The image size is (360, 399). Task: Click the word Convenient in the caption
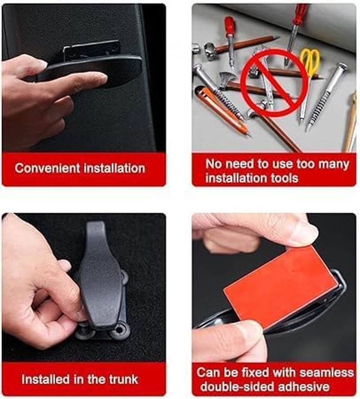coord(48,168)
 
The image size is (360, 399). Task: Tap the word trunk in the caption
coord(124,379)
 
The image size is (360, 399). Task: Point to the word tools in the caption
coord(284,178)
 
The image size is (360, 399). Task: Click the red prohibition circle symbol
coord(274,83)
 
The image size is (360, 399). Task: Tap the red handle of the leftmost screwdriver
coord(229,26)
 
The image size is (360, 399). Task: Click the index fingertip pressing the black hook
coord(101,77)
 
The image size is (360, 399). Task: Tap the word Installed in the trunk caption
coord(46,379)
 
